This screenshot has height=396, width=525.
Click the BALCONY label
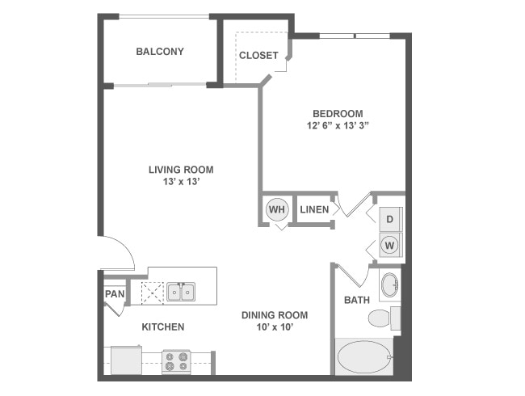159,52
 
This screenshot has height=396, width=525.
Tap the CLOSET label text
258,56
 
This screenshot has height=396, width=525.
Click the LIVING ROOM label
181,170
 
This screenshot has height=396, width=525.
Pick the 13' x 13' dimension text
181,183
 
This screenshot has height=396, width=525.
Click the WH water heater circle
277,210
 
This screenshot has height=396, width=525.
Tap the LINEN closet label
314,210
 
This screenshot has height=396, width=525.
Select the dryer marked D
389,219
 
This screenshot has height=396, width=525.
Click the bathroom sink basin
388,285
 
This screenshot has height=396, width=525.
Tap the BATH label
356,300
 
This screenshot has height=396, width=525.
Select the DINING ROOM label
275,315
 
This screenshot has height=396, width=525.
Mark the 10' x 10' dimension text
275,328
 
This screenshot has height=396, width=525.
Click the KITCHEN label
163,327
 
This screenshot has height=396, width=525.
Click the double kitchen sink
181,291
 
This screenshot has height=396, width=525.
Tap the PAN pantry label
115,294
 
